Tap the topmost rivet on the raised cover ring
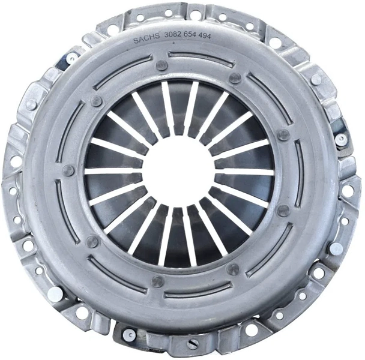pos(161,65)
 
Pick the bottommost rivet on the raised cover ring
pos(158,281)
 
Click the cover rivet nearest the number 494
pos(235,78)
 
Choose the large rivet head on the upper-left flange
pos(31,104)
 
